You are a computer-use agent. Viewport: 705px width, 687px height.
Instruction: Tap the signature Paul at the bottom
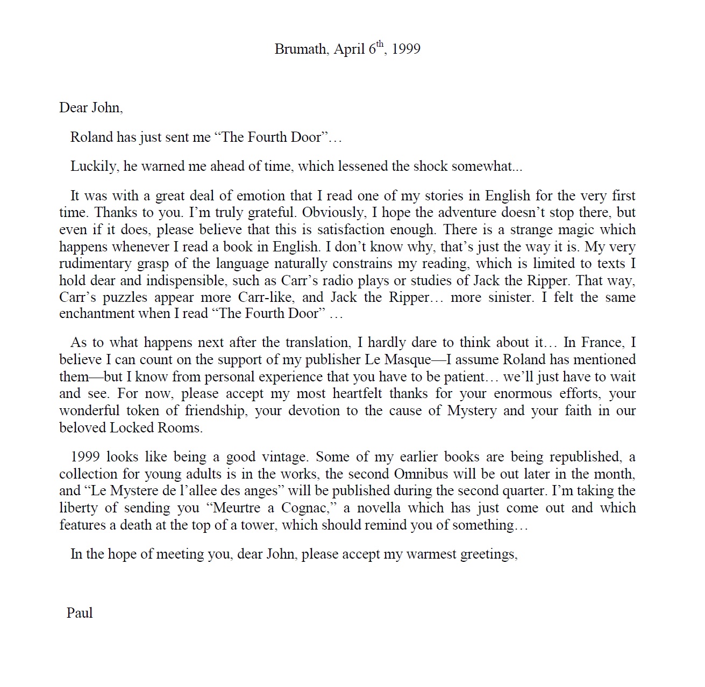(80, 613)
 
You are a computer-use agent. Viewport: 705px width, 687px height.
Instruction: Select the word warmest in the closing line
(431, 554)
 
